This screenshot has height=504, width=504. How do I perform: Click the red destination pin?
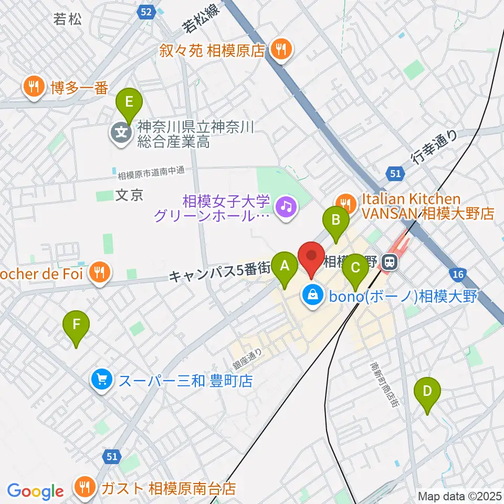tap(311, 258)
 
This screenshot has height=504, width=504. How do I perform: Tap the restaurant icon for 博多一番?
tap(34, 87)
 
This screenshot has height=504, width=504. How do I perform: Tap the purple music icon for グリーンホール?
tap(286, 208)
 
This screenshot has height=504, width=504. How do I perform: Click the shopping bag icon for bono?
tap(313, 296)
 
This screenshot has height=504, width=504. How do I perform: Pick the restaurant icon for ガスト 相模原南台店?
tap(84, 488)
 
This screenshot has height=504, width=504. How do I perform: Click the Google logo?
tap(35, 491)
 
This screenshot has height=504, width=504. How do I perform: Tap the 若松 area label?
tap(68, 20)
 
